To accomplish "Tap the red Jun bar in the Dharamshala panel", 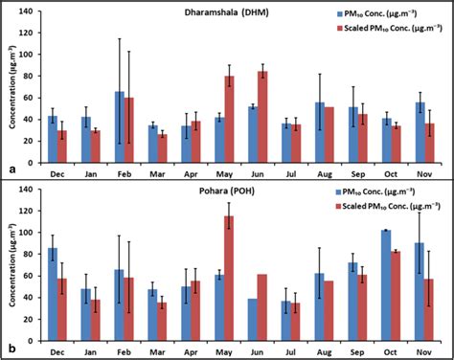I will (261, 107).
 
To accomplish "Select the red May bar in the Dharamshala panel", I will (229, 109).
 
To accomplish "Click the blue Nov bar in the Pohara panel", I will (420, 286).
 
